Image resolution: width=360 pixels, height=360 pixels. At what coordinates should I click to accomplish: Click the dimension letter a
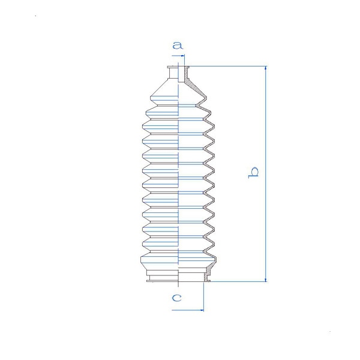tap(178, 46)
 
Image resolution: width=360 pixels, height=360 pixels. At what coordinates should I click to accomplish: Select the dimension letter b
tap(253, 173)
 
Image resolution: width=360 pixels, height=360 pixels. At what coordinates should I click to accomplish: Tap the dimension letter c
tap(177, 298)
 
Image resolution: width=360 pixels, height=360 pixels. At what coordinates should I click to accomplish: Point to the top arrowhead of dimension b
tap(266, 68)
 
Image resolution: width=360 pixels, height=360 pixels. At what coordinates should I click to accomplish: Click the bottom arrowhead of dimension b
tap(266, 280)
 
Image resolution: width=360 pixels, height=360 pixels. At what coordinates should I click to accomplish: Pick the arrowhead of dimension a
tap(182, 56)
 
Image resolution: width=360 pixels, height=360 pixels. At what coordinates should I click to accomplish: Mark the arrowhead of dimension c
tap(202, 310)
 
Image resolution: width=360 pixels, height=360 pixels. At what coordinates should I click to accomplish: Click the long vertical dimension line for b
tap(266, 174)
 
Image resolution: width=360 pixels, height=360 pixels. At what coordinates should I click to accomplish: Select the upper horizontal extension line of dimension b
tap(227, 67)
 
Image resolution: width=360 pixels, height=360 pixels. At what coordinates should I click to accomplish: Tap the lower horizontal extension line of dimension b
tap(238, 281)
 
